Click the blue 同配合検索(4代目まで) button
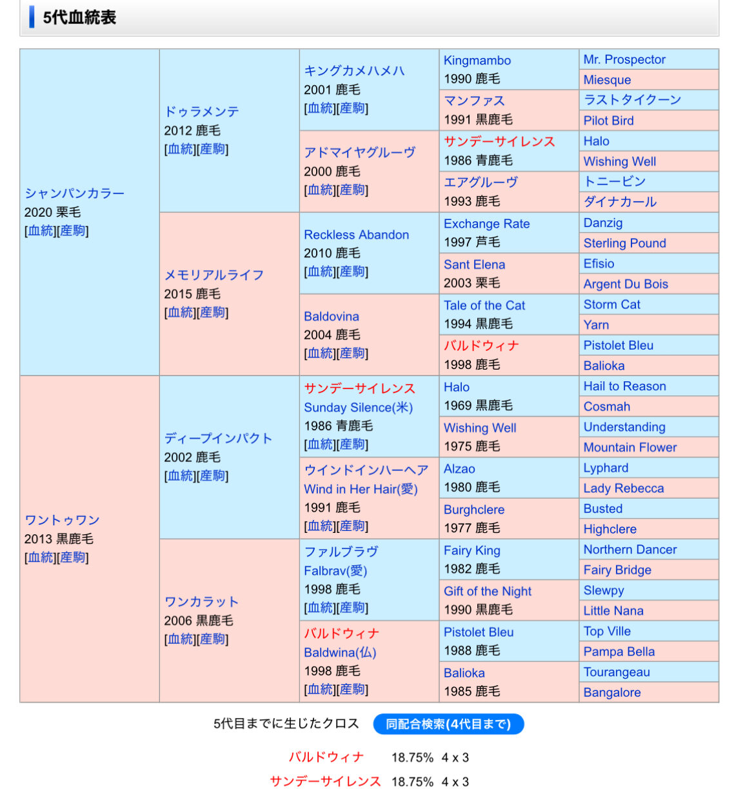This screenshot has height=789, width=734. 448,724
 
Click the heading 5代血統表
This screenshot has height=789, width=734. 79,17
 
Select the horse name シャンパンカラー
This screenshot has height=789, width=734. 74,193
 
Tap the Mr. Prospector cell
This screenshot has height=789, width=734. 624,59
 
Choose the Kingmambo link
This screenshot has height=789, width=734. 477,61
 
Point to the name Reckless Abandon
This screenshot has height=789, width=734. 356,235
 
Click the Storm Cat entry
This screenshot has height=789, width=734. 611,305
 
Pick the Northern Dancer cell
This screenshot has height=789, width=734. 630,550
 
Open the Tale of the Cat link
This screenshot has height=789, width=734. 484,305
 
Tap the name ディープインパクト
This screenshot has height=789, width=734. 217,438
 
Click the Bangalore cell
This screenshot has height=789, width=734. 611,692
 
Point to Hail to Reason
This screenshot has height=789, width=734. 624,386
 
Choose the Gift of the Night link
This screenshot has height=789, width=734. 487,591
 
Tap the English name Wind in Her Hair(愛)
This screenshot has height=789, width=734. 361,489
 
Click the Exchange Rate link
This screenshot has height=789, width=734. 486,224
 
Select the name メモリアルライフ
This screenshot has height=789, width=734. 213,275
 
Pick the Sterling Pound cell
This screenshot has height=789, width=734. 624,243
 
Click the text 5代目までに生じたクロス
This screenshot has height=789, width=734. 286,723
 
